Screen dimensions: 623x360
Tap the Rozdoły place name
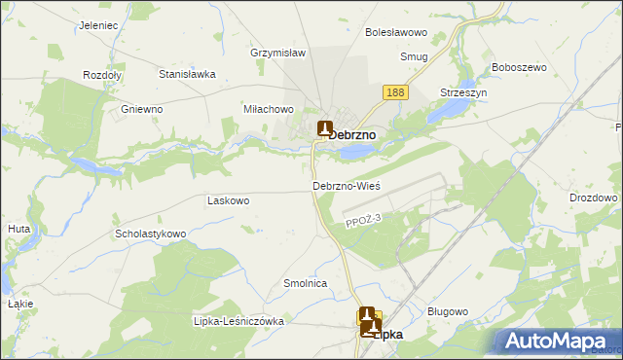pos(101,75)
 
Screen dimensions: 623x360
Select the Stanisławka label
pos(186,73)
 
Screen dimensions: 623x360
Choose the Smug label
pos(414,57)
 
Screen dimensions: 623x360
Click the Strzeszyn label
pos(462,91)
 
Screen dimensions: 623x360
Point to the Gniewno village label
pos(141,109)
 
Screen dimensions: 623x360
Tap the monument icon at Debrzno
pos(324,128)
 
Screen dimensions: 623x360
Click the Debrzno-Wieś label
pos(346,185)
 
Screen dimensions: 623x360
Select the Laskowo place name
pos(229,200)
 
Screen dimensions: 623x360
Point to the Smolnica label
pos(305,283)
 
